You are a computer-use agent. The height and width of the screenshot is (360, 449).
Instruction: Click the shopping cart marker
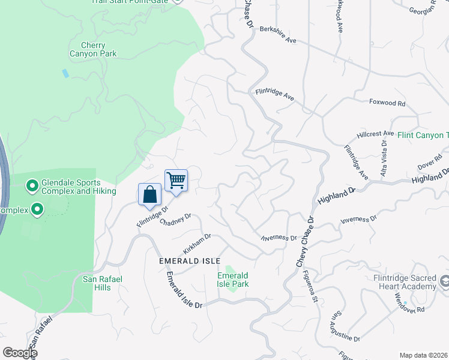pos(176,180)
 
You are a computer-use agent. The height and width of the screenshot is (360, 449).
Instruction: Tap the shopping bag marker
pos(149,194)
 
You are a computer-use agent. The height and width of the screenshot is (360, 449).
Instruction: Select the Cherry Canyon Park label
pos(93,49)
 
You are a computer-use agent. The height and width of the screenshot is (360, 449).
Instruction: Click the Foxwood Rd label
pos(387,103)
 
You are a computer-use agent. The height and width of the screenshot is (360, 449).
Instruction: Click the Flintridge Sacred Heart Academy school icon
pos(445,281)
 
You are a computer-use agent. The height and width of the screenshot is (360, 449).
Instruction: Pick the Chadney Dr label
pos(175,222)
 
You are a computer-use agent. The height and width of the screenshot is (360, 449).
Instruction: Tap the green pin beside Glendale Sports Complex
pos(32,187)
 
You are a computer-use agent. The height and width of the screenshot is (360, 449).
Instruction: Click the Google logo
pos(20,352)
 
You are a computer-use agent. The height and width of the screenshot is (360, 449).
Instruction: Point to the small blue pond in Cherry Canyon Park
pos(65,73)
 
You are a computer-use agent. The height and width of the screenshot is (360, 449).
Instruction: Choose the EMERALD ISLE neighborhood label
pos(190,261)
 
